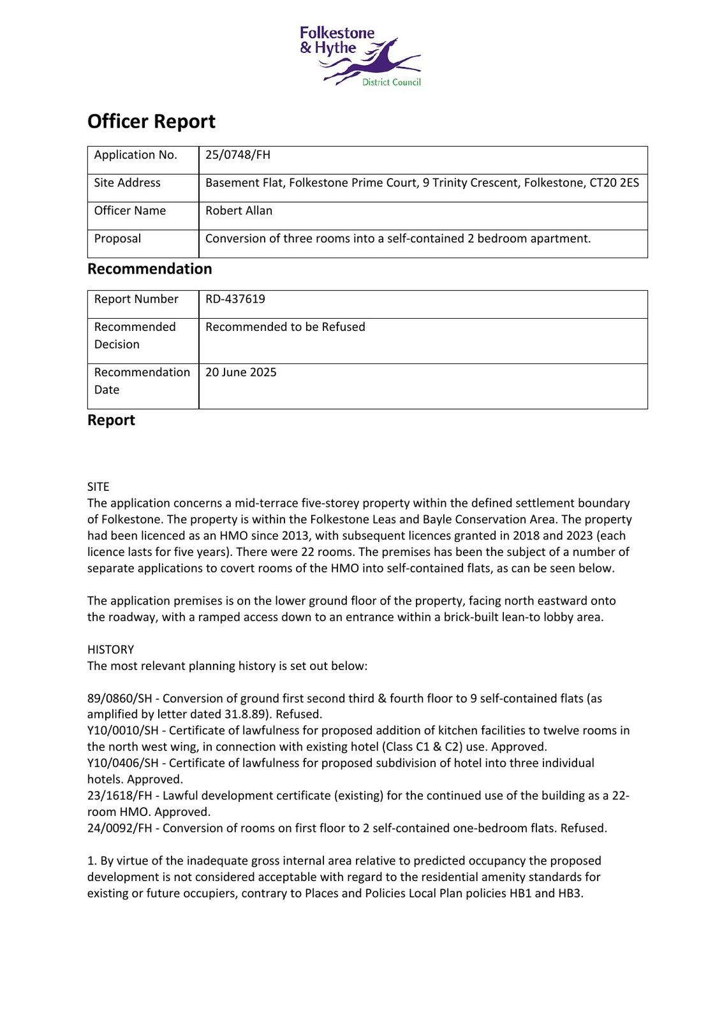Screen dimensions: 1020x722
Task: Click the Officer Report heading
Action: [x=151, y=121]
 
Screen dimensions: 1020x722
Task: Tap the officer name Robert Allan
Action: [x=239, y=210]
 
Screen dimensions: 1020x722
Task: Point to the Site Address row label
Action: [x=127, y=183]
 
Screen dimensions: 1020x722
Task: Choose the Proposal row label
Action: [x=117, y=238]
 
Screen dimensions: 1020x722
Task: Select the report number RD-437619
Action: [x=235, y=299]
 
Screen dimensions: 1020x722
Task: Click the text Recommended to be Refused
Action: [x=285, y=327]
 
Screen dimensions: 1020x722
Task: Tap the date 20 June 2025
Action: [x=241, y=372]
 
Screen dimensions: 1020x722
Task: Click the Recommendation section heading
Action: [x=149, y=269]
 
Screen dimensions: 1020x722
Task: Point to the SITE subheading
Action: [x=98, y=486]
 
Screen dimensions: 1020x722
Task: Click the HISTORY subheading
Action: [x=110, y=650]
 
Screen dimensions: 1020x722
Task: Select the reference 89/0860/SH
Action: [x=122, y=698]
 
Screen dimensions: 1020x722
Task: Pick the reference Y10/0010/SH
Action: [x=122, y=731]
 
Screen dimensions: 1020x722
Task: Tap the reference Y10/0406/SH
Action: [x=122, y=763]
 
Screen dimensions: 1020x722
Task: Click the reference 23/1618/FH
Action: [x=120, y=796]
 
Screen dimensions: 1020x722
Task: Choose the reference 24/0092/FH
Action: [x=120, y=828]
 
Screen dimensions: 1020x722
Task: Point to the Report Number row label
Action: [x=136, y=299]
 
